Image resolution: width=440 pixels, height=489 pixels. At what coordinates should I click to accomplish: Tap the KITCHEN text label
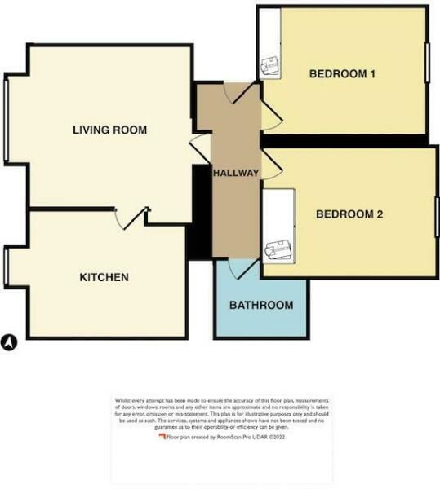coord(104,278)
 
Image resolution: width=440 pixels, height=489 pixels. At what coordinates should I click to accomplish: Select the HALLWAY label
coord(236,173)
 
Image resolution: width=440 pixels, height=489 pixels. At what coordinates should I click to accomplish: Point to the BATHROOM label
coord(260,306)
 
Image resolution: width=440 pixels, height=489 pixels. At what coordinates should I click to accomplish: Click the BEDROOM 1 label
coord(342,74)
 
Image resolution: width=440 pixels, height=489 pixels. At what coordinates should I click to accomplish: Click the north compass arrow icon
coord(10,343)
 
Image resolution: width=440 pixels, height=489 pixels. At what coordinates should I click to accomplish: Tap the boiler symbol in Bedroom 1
coord(269,65)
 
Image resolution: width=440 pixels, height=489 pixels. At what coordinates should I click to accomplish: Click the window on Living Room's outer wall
coord(7,119)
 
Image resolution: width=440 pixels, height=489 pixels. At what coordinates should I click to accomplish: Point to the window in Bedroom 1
coord(427,61)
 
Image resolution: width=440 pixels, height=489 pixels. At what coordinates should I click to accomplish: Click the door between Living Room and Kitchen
coord(127,218)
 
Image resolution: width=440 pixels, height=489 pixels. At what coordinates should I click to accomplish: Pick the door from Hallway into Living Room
coord(198,149)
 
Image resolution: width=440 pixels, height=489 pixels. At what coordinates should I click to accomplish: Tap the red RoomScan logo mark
coord(162,438)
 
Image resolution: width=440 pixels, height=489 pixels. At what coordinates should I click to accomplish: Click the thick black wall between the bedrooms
coord(346,141)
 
